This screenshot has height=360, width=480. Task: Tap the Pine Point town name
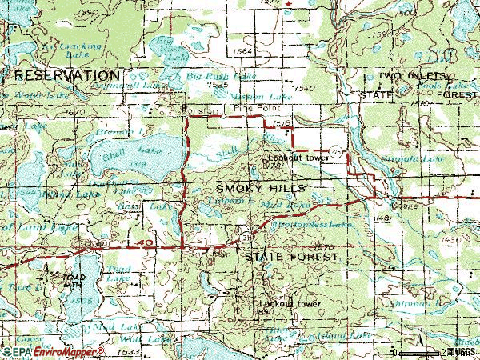(x=247, y=105)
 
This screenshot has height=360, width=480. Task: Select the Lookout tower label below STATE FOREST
(x=289, y=304)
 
